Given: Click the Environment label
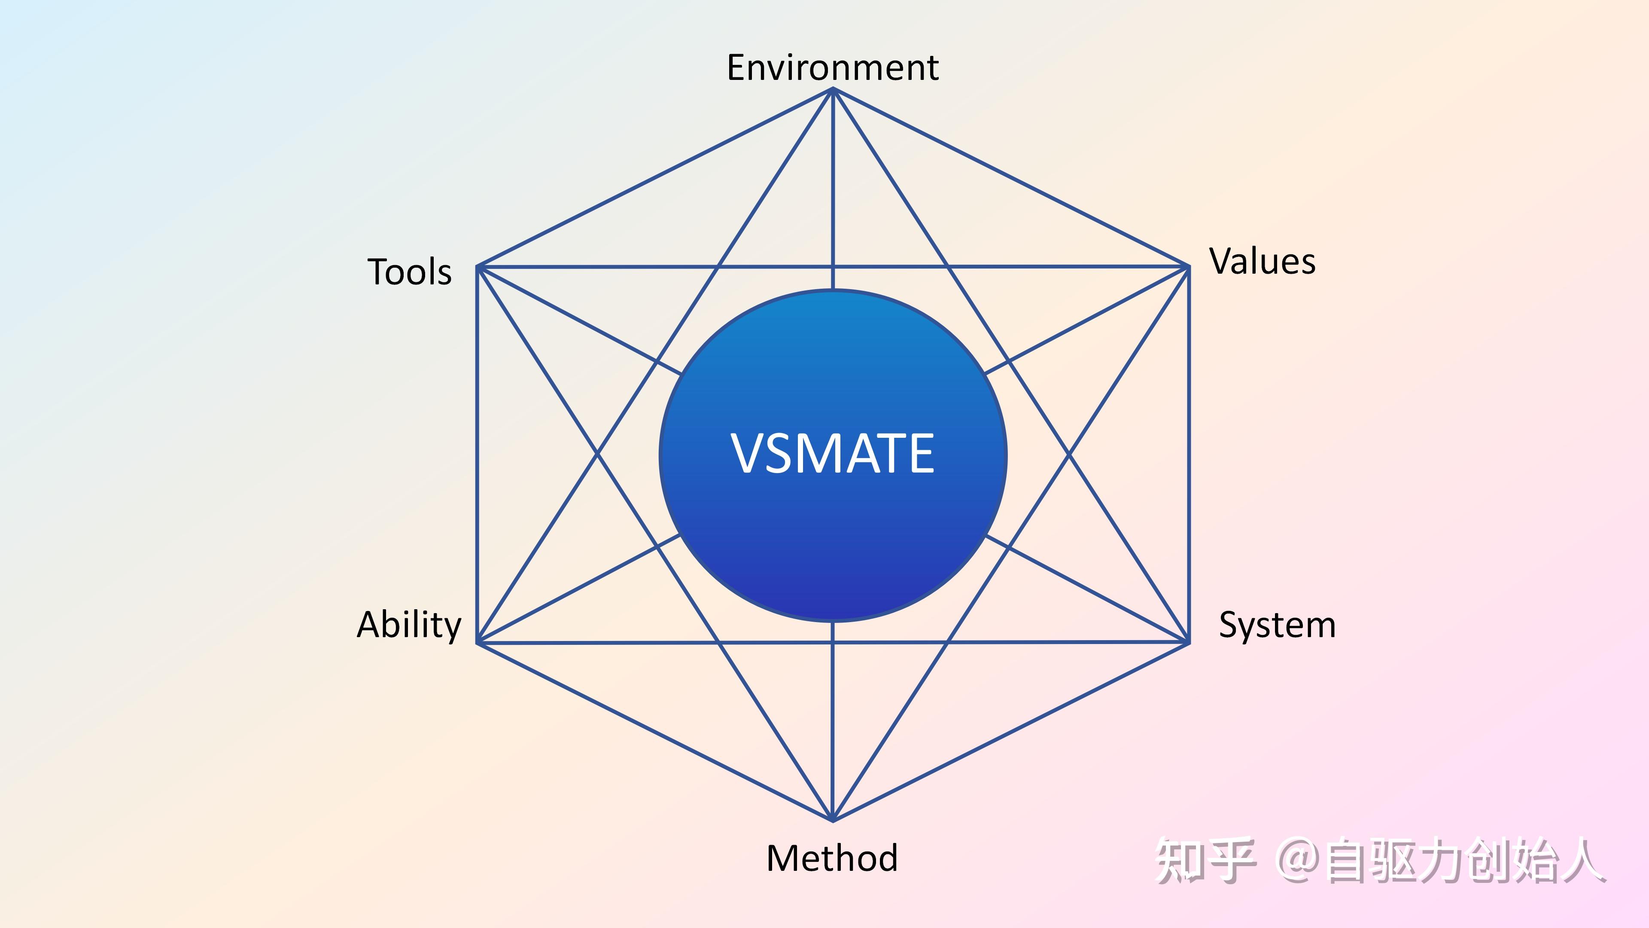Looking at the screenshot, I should pyautogui.click(x=832, y=67).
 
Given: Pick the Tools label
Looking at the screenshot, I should pyautogui.click(x=410, y=272).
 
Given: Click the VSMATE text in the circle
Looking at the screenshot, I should pyautogui.click(x=832, y=453).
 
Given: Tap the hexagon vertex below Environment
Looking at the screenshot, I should pyautogui.click(x=833, y=90).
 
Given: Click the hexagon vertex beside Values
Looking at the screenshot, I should pyautogui.click(x=1189, y=266).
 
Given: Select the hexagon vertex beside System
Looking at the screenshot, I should pyautogui.click(x=1189, y=642).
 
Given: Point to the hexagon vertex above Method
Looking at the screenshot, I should pyautogui.click(x=833, y=820).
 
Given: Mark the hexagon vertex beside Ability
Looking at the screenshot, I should pyautogui.click(x=478, y=642).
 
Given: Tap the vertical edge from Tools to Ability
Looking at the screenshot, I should pyautogui.click(x=477, y=455).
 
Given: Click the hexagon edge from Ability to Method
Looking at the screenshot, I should pyautogui.click(x=655, y=731).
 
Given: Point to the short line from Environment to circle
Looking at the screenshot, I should pyautogui.click(x=833, y=192).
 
